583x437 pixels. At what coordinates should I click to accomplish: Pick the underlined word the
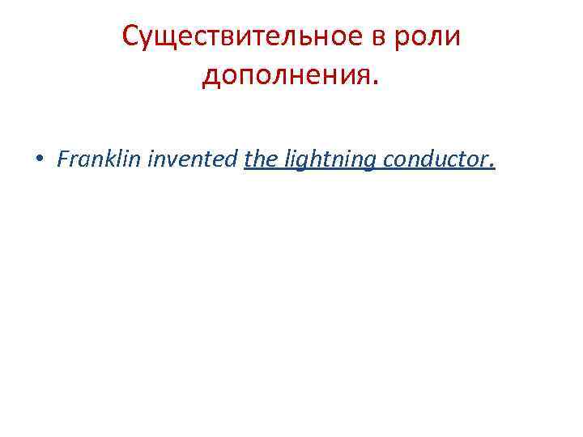coord(260,159)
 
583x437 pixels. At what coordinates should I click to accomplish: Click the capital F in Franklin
coord(63,159)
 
